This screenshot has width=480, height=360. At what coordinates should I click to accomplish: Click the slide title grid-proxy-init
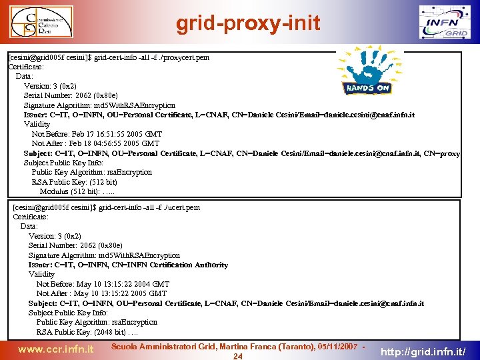coord(248,24)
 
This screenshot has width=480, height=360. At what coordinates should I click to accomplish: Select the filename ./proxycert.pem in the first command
coord(183,57)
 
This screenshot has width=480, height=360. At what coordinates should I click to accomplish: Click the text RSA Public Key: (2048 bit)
coord(81,332)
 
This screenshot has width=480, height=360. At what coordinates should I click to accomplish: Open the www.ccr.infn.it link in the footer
coord(55,349)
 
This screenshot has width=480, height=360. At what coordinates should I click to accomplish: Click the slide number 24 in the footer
coord(237,356)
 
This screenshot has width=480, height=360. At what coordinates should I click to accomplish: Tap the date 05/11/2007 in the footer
coord(337,347)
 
